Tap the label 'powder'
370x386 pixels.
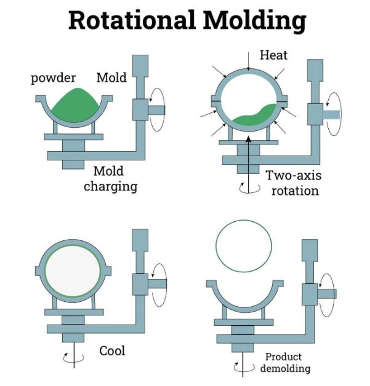(x=53, y=78)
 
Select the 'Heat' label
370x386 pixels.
(x=273, y=56)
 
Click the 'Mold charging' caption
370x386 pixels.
(x=110, y=178)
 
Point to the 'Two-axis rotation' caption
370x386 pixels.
(x=293, y=183)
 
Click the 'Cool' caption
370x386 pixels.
(x=112, y=350)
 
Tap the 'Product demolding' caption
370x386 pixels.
(x=284, y=362)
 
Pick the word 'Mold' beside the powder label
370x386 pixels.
(x=111, y=78)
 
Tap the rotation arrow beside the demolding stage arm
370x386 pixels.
(x=326, y=294)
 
